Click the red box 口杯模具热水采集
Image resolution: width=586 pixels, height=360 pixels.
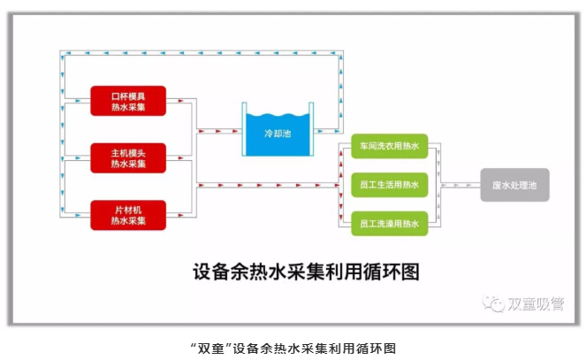coord(128,101)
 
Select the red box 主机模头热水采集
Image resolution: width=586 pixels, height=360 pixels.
coord(128,157)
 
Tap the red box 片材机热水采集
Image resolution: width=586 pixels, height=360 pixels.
coord(128,214)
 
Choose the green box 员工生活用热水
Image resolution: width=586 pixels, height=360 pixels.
coord(389,185)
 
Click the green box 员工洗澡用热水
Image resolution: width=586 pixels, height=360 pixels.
coord(389,224)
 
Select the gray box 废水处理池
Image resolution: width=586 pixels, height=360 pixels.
coord(514,185)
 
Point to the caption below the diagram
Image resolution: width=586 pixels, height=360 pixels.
coord(293,347)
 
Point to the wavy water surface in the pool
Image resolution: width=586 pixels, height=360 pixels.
coord(277,117)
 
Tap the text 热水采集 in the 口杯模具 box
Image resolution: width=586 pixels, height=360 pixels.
coord(128,107)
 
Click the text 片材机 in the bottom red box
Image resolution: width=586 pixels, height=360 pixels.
coord(128,208)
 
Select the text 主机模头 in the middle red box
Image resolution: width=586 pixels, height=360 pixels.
coord(128,151)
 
